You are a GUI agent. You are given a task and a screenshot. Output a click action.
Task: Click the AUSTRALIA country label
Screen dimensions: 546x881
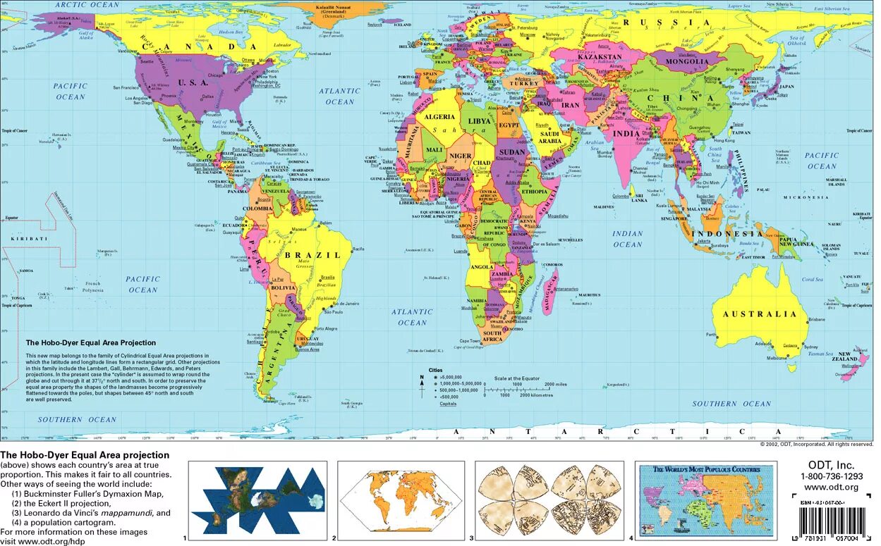(x=758, y=314)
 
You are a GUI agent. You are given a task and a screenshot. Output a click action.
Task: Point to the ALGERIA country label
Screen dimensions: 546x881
(x=438, y=117)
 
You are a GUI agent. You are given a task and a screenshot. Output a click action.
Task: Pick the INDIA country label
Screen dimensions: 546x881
(x=626, y=133)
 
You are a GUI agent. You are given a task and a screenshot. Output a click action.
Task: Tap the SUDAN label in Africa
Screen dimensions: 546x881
(x=511, y=152)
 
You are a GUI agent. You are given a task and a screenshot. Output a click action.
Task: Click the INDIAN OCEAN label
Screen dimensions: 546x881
(x=627, y=239)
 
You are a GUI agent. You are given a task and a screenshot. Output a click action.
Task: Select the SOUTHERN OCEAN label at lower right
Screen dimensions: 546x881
(x=731, y=404)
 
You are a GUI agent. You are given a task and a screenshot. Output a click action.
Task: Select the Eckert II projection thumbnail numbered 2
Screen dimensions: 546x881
(x=401, y=498)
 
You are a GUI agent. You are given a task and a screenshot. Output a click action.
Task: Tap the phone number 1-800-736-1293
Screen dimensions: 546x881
(x=831, y=477)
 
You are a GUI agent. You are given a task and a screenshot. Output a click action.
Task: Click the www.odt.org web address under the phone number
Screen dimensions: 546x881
(x=831, y=488)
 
